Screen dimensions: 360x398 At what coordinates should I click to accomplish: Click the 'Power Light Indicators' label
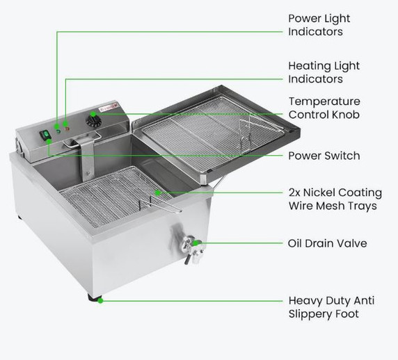click(x=319, y=25)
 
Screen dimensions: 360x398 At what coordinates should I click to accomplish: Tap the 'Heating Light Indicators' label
click(x=324, y=72)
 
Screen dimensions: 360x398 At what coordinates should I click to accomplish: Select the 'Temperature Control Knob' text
click(x=324, y=108)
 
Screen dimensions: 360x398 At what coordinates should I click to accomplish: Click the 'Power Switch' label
click(x=324, y=156)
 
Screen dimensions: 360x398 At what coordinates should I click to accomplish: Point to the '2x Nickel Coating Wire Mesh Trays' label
click(x=335, y=199)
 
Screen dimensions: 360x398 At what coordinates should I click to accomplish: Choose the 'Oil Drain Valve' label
click(x=327, y=244)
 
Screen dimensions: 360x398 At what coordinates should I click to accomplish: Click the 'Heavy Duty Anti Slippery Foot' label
click(x=331, y=307)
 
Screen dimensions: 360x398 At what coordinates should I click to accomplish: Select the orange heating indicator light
click(x=66, y=125)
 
